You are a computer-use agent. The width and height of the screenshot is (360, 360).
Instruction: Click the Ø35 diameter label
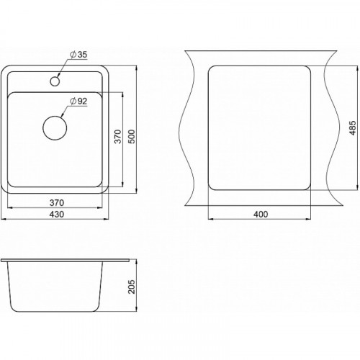(x=78, y=55)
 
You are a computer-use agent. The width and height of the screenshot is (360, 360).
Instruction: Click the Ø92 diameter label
(x=78, y=102)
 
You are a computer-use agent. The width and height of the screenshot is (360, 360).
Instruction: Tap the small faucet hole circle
(x=55, y=81)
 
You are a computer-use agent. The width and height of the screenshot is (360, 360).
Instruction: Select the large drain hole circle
(x=55, y=128)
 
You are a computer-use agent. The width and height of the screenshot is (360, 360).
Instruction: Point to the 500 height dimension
(x=132, y=137)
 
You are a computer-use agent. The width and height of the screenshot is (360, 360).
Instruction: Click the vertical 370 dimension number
(x=118, y=137)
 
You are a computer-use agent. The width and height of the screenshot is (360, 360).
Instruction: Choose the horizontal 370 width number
(x=57, y=203)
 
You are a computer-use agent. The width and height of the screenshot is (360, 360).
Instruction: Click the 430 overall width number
(x=57, y=215)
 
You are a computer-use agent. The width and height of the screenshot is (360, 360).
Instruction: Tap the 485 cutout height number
(x=353, y=128)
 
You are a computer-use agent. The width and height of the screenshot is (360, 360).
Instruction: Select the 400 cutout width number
(x=261, y=215)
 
